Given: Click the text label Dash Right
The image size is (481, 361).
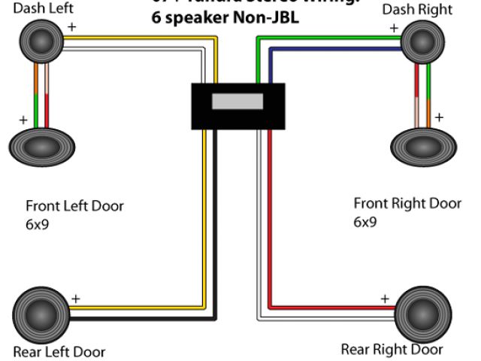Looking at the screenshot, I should pos(417,10).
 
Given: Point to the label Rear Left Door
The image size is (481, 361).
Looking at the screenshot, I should pos(59,351).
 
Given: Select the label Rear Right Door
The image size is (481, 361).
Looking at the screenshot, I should pos(392,349).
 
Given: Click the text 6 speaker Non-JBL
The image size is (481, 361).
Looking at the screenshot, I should pos(225,17).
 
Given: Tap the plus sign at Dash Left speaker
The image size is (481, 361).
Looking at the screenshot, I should pos(72,26).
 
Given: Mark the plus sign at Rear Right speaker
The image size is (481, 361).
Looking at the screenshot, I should pos(385,299).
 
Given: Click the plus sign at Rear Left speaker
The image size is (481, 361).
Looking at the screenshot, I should pos(75,299).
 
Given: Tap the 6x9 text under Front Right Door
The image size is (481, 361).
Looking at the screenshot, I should pos(365,223).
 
